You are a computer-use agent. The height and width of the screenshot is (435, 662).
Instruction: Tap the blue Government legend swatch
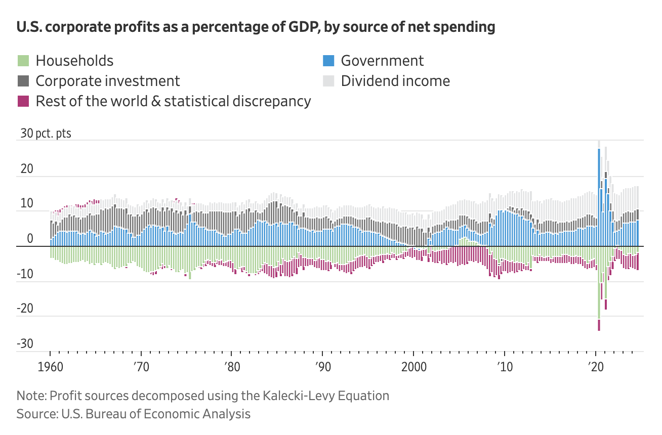click(328, 61)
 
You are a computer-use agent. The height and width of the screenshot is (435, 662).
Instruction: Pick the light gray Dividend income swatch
click(328, 81)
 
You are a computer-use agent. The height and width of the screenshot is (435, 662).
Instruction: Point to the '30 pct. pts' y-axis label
click(46, 134)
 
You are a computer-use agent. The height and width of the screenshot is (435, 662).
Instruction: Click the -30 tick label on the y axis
click(25, 344)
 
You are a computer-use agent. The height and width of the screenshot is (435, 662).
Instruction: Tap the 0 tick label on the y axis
click(30, 239)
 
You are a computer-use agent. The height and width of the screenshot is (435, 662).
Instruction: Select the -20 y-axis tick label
click(25, 310)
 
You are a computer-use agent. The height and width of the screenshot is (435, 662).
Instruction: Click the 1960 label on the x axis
click(50, 366)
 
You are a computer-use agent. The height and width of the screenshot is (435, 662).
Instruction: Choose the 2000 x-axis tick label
click(413, 366)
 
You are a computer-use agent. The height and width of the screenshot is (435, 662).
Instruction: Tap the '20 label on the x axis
click(595, 366)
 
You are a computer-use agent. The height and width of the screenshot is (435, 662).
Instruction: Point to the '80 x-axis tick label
click(231, 366)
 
